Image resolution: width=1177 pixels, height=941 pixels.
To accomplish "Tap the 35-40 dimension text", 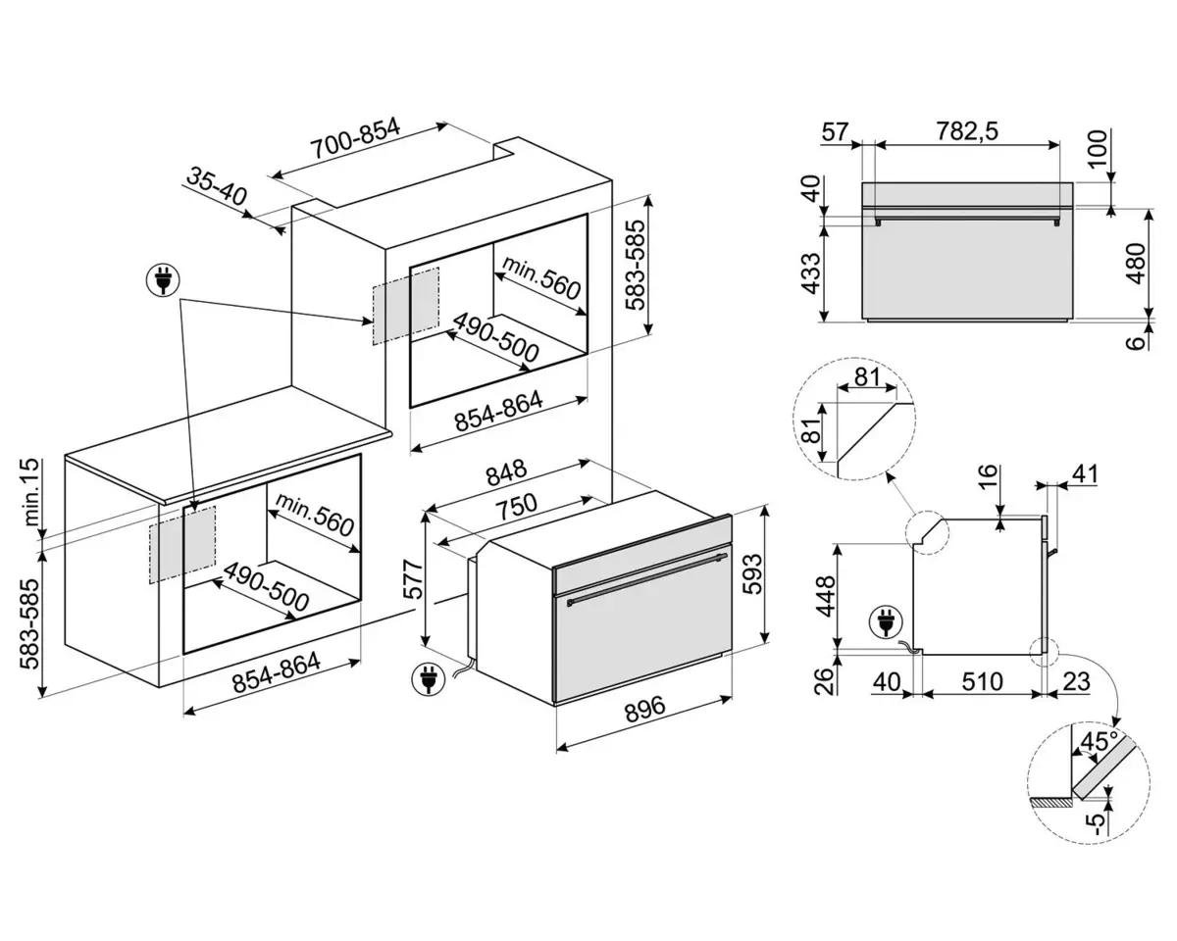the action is pos(217,186).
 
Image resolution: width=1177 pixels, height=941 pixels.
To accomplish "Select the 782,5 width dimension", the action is pos(967,131).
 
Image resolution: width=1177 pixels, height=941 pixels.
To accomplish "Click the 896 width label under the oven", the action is pos(644,709).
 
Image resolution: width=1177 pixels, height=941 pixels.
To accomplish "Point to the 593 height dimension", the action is pos(752,573).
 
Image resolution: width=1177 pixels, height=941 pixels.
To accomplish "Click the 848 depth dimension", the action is pos(506,473).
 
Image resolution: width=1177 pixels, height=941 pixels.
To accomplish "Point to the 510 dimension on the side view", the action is pos(982,682).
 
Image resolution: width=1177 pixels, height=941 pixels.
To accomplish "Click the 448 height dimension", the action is pos(826,596).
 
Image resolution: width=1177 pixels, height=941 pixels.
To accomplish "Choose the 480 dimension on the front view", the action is pos(1136,264).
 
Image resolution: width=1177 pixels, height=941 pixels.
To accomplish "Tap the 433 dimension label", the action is pos(811,272).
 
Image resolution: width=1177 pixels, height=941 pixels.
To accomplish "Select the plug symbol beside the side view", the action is pos(885,622).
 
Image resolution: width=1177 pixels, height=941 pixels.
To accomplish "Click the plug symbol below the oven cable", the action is pos(429,679).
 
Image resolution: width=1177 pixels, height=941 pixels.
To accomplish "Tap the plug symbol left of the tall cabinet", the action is pos(163,280).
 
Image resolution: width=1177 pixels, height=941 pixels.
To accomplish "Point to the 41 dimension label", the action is pos(1084,474).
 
